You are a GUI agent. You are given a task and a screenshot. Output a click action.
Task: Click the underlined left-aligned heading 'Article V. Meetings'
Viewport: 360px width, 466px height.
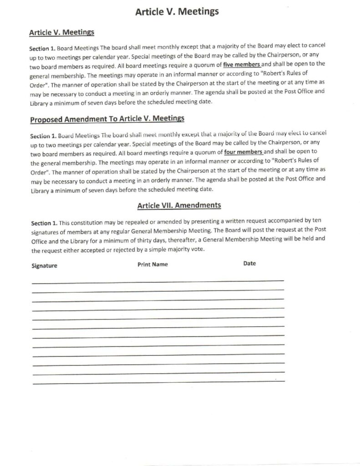tap(61, 32)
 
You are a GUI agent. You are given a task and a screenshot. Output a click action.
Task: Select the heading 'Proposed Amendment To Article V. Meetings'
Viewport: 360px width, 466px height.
tap(107, 120)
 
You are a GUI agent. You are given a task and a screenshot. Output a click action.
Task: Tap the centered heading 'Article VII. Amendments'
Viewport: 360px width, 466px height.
tap(179, 206)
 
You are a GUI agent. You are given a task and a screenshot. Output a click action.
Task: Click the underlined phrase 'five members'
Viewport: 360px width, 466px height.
tap(242, 64)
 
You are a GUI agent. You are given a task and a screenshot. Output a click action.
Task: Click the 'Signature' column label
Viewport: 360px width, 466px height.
tap(44, 266)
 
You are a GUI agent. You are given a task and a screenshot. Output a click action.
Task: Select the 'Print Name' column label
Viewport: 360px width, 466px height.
tap(152, 264)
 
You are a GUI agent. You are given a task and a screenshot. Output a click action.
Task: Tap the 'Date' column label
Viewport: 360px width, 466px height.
tap(249, 263)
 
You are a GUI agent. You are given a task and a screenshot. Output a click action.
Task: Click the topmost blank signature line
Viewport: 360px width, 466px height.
tap(157, 281)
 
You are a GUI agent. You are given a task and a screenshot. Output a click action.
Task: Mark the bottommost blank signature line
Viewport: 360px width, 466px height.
tap(159, 382)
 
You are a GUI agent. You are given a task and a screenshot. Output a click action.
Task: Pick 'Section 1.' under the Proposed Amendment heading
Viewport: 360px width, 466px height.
tap(44, 136)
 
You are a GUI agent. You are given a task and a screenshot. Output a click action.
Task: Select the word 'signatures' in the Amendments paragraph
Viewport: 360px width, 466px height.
tap(46, 233)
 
